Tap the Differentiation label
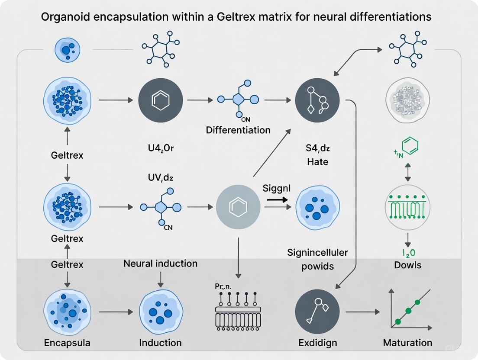(238, 130)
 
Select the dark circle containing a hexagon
(160, 100)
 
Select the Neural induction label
(160, 264)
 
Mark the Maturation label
(407, 343)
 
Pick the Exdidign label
(317, 343)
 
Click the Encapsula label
(67, 343)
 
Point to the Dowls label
(407, 265)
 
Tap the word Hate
(317, 162)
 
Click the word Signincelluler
(317, 253)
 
